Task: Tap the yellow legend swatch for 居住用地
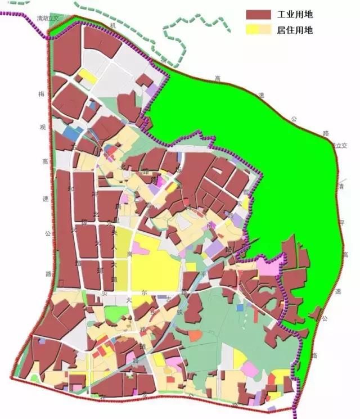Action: coord(256,29)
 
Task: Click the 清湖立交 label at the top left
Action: coord(47,19)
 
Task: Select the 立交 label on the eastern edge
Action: coord(339,145)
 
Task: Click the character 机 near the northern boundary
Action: coord(113,26)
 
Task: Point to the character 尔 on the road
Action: coord(144,293)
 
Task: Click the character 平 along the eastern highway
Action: coord(341,223)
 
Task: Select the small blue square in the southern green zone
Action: coord(240,307)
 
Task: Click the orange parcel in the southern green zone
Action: coord(195,336)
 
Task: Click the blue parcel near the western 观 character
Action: coord(71,133)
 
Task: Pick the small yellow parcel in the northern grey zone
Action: coord(87,76)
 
